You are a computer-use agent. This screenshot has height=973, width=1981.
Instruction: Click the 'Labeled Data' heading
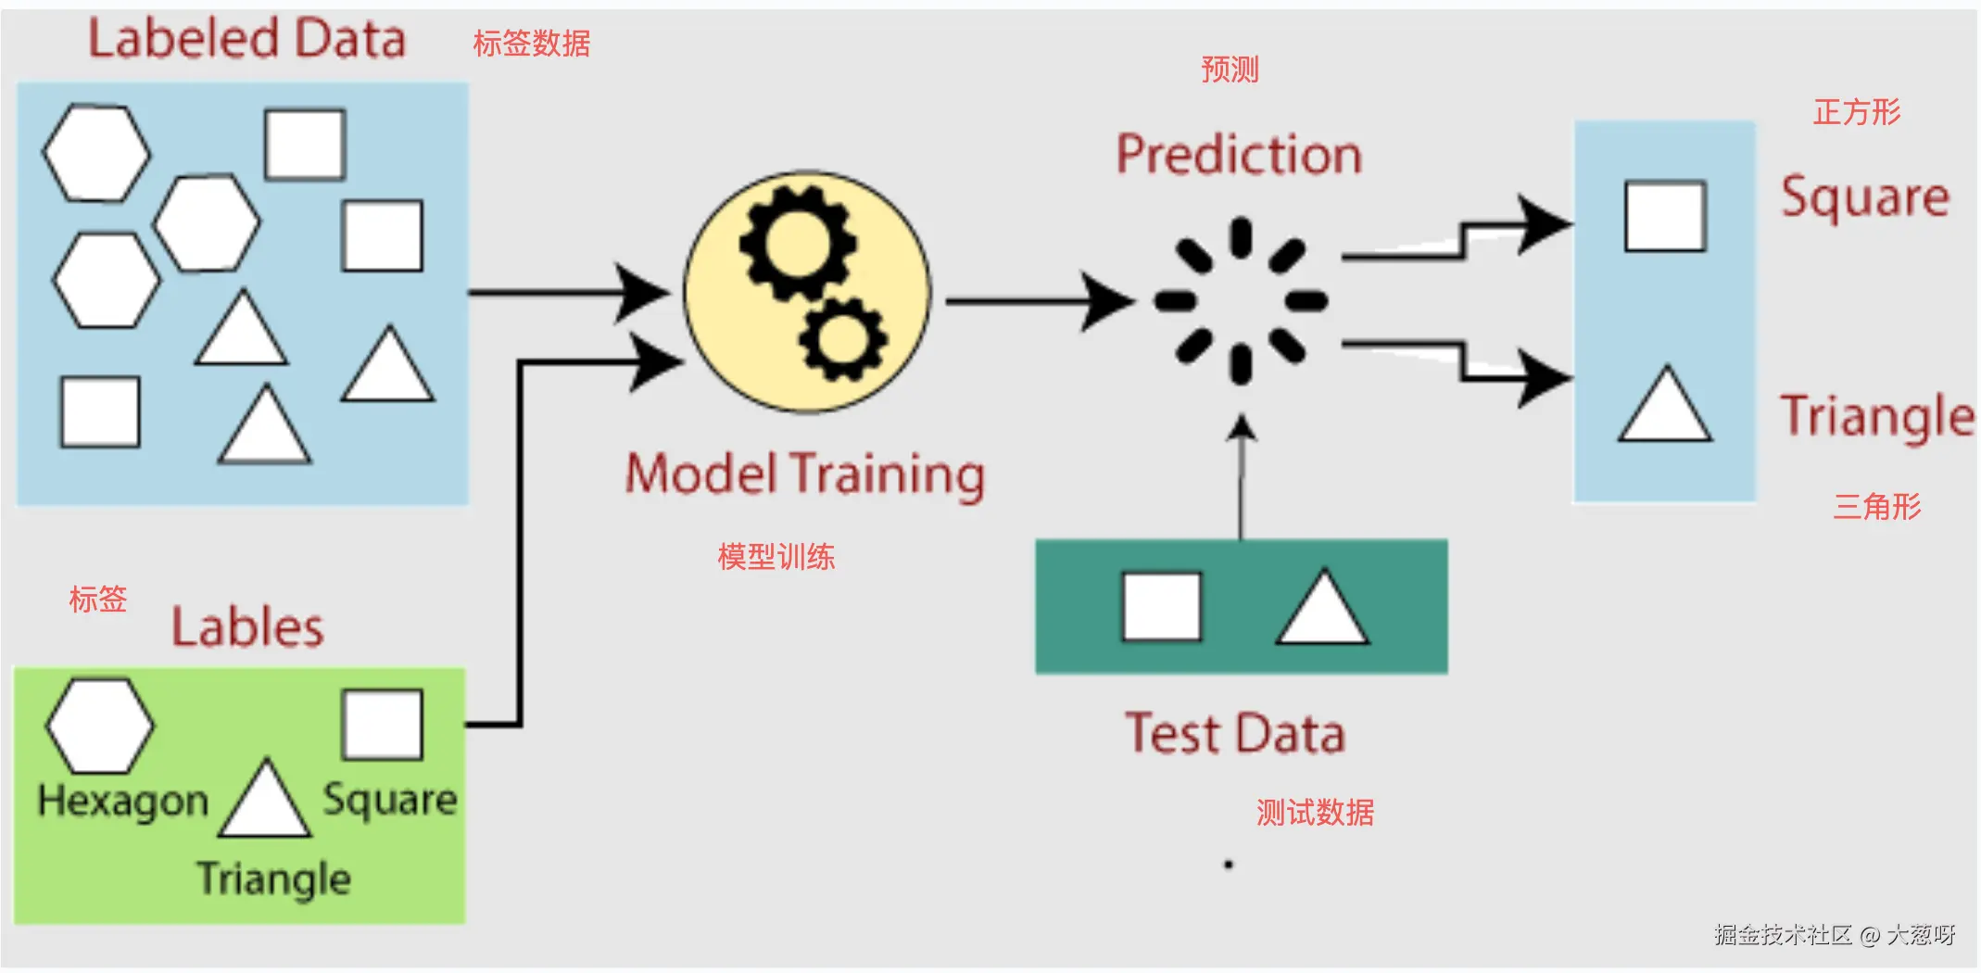click(246, 39)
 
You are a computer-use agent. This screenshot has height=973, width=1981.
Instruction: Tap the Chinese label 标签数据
click(531, 44)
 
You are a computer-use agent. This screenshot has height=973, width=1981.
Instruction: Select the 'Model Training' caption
click(804, 474)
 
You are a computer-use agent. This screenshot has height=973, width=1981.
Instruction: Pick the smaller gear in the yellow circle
click(842, 339)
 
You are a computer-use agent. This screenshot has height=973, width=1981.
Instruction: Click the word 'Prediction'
click(1239, 155)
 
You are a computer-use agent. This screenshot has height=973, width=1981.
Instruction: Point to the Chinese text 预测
click(1230, 69)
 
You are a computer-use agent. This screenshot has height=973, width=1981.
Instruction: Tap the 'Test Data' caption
click(1234, 734)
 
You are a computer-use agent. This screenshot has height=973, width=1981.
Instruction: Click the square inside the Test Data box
click(1162, 607)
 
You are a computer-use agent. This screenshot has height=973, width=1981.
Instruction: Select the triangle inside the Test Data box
click(1322, 610)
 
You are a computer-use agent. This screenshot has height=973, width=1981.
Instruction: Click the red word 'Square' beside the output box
click(1865, 197)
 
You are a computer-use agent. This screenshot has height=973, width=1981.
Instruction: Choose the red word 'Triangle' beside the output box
click(1877, 416)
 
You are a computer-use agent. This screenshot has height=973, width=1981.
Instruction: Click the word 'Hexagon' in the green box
click(123, 802)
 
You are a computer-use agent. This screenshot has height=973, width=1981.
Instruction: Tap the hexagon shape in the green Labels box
click(99, 726)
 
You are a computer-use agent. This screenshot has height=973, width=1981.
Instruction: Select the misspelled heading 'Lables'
click(247, 627)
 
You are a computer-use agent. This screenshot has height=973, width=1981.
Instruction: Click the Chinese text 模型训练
click(776, 557)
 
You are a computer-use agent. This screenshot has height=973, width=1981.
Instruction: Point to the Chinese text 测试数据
click(1315, 813)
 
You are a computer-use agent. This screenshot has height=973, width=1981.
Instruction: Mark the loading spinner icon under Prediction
click(1241, 300)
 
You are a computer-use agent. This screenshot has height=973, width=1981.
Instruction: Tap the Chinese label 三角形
click(1877, 507)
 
